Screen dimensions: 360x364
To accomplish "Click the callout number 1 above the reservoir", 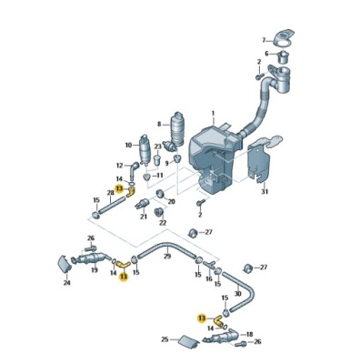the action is pyautogui.click(x=213, y=114).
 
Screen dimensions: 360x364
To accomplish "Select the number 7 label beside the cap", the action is pyautogui.click(x=264, y=40).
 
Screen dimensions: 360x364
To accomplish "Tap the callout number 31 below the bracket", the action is pyautogui.click(x=265, y=192).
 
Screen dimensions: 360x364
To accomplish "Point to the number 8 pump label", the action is pyautogui.click(x=159, y=124).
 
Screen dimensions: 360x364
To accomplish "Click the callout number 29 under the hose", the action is pyautogui.click(x=167, y=257).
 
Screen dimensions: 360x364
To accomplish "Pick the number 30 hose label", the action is pyautogui.click(x=238, y=293).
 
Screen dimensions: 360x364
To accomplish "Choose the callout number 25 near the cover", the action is pyautogui.click(x=165, y=339).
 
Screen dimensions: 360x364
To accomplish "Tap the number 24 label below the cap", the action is pyautogui.click(x=67, y=283).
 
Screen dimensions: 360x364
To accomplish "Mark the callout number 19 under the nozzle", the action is pyautogui.click(x=95, y=270).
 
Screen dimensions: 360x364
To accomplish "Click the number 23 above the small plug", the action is pyautogui.click(x=128, y=146).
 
